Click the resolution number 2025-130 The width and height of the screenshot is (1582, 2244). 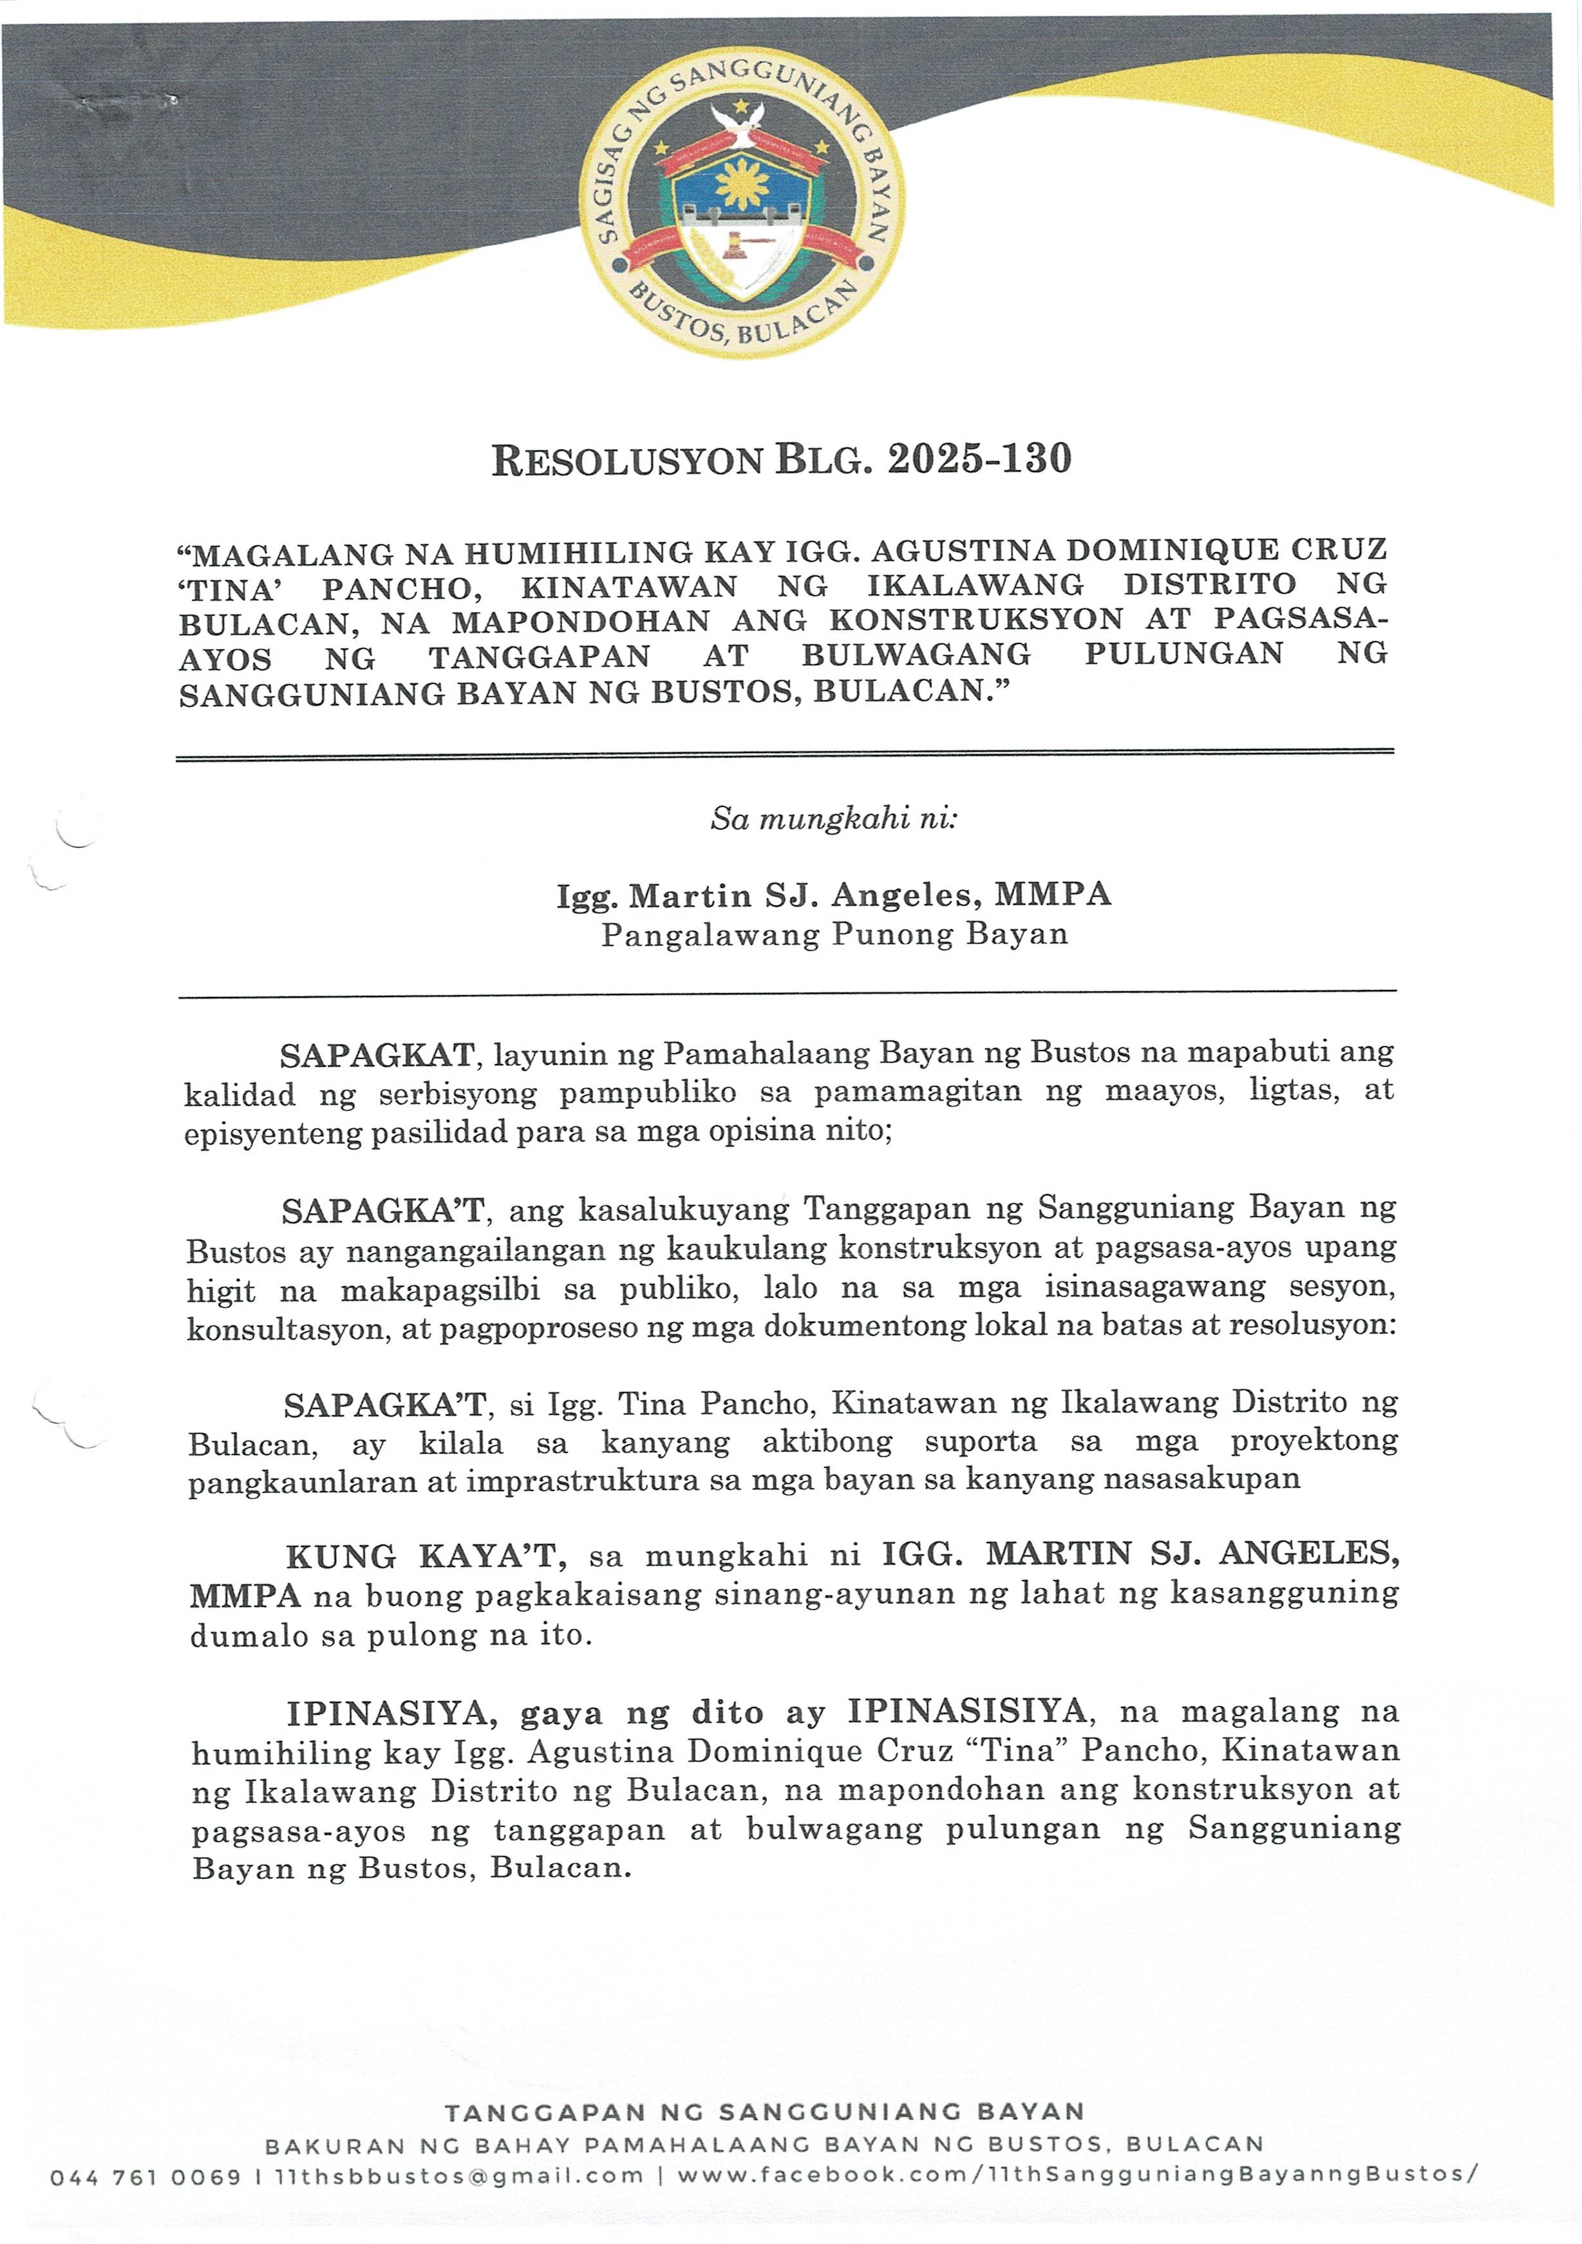point(979,459)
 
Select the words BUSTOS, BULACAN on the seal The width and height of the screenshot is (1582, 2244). point(742,318)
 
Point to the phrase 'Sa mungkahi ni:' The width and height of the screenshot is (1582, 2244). point(834,818)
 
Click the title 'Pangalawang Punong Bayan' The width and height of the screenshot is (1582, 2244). point(834,935)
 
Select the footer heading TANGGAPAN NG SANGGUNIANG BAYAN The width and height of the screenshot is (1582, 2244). point(764,2112)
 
